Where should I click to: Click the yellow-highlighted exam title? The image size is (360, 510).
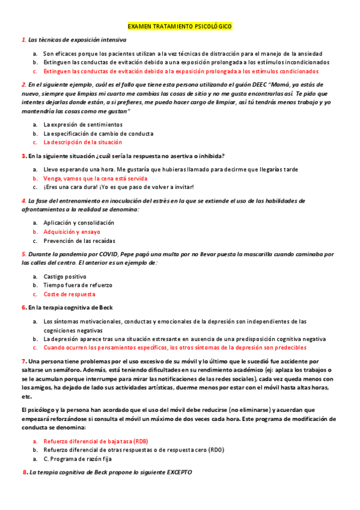pyautogui.click(x=180, y=26)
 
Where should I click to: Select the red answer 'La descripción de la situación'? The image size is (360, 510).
pyautogui.click(x=82, y=143)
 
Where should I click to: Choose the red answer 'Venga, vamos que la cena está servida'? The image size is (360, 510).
pyautogui.click(x=95, y=178)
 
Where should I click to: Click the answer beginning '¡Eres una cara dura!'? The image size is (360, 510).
pyautogui.click(x=118, y=187)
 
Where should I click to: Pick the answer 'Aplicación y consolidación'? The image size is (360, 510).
pyautogui.click(x=79, y=223)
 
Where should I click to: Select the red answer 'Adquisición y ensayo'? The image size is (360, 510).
pyautogui.click(x=72, y=232)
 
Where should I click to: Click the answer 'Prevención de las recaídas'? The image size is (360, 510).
pyautogui.click(x=79, y=241)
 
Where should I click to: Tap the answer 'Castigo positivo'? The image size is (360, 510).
pyautogui.click(x=65, y=276)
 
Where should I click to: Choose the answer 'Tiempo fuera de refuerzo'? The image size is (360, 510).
pyautogui.click(x=78, y=285)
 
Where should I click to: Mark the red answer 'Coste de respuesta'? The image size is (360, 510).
pyautogui.click(x=69, y=294)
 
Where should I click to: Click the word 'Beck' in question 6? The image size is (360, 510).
pyautogui.click(x=106, y=307)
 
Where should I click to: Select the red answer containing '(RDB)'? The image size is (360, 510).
pyautogui.click(x=95, y=441)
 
